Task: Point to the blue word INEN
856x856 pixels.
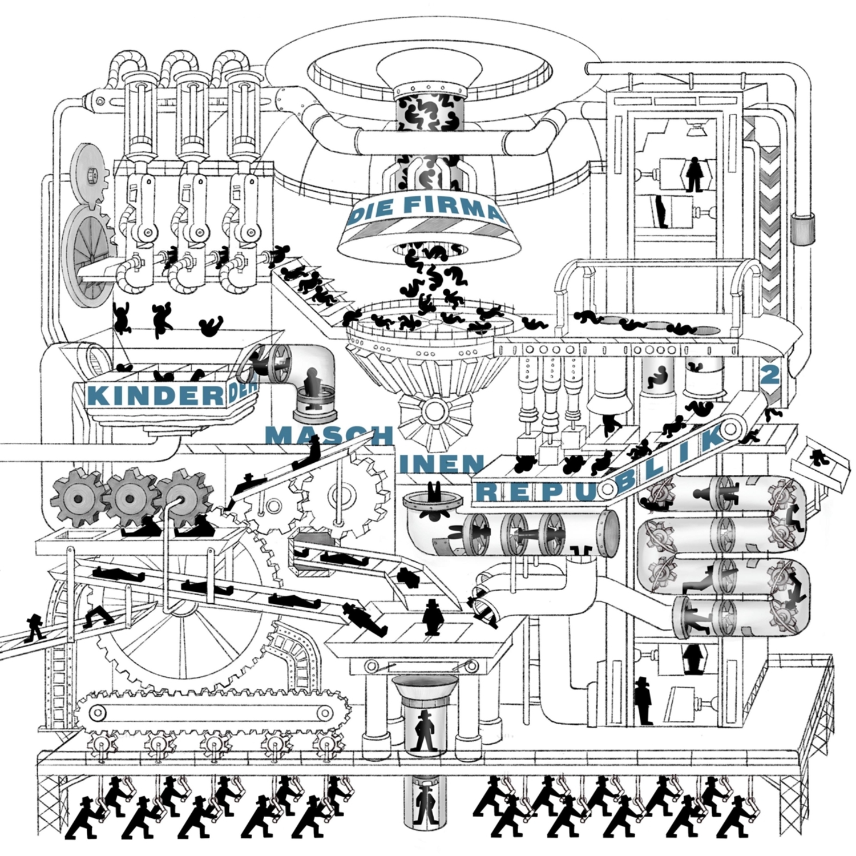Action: click(442, 463)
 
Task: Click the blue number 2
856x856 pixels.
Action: click(770, 375)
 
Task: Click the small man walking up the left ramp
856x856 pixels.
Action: click(35, 628)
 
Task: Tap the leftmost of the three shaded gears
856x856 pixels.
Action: click(79, 498)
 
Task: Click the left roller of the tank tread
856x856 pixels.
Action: click(98, 711)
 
